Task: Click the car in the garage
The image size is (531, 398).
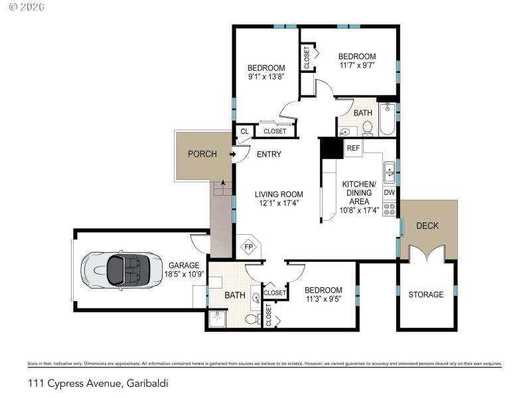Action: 117,270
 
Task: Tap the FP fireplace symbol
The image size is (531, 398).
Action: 249,247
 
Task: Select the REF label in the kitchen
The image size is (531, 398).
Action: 353,148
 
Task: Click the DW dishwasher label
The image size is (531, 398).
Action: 390,193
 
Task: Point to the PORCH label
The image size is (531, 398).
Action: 202,155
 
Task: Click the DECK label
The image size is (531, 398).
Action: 427,226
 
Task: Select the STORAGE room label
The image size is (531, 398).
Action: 425,295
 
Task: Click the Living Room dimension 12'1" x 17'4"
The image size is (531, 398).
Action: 277,204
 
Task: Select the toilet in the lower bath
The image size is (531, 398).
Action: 251,319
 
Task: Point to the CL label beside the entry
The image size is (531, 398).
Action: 244,131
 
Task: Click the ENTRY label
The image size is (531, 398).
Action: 269,155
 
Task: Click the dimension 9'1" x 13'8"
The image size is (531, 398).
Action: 266,76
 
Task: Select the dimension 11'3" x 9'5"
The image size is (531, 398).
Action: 323,299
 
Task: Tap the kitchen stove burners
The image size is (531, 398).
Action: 390,210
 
